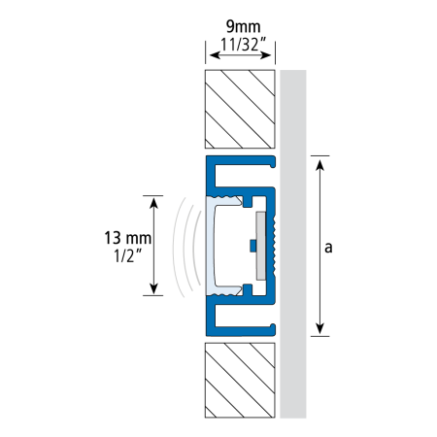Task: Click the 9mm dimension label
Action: click(243, 26)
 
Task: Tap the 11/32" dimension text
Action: click(243, 45)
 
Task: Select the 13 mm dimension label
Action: click(128, 238)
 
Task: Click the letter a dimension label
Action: click(328, 248)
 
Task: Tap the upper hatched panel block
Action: click(240, 109)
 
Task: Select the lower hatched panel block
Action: click(240, 380)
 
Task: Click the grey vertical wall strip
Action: click(293, 244)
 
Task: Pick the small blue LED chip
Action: click(252, 246)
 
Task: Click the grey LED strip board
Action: click(260, 246)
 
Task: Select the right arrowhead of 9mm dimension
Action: click(266, 55)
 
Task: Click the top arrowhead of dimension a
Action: click(319, 165)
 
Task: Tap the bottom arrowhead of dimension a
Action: click(319, 328)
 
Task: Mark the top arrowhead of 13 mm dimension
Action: click(154, 203)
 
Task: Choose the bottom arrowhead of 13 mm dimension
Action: click(154, 288)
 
